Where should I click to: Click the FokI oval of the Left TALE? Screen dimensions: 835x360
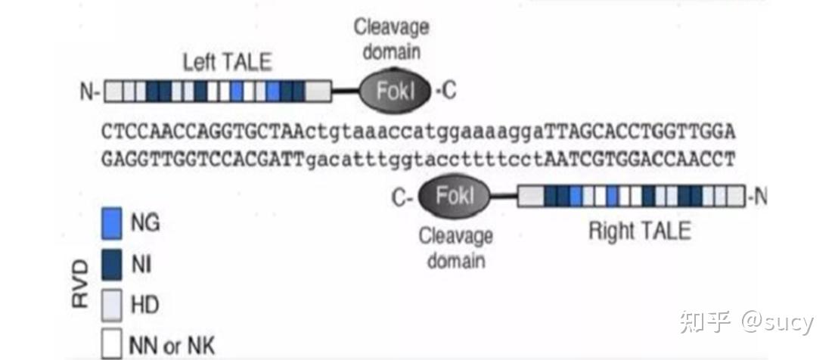(x=395, y=91)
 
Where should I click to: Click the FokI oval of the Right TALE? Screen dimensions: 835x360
(x=455, y=197)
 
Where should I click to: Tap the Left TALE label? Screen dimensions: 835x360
(x=228, y=63)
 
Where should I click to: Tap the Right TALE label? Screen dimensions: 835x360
(x=639, y=231)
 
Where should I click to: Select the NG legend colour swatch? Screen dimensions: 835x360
(x=110, y=223)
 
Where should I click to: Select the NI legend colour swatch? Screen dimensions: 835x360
(x=110, y=264)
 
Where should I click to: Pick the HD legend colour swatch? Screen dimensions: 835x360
(x=110, y=305)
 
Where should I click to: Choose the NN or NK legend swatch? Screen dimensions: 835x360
(x=110, y=344)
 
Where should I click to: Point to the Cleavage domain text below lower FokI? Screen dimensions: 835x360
(x=456, y=248)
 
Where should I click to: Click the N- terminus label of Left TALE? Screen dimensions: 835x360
(x=89, y=92)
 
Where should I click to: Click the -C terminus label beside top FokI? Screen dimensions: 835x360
(x=445, y=91)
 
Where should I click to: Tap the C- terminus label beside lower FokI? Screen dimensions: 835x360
(x=402, y=198)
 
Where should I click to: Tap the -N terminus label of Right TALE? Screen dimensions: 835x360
(x=757, y=197)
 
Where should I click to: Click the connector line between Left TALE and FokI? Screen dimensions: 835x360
(x=346, y=92)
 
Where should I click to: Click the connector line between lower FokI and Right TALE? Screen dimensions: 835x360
(x=503, y=197)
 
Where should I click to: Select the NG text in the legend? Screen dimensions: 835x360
(x=145, y=222)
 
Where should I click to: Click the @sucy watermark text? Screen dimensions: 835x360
(x=777, y=323)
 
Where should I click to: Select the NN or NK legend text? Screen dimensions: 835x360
(x=172, y=346)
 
